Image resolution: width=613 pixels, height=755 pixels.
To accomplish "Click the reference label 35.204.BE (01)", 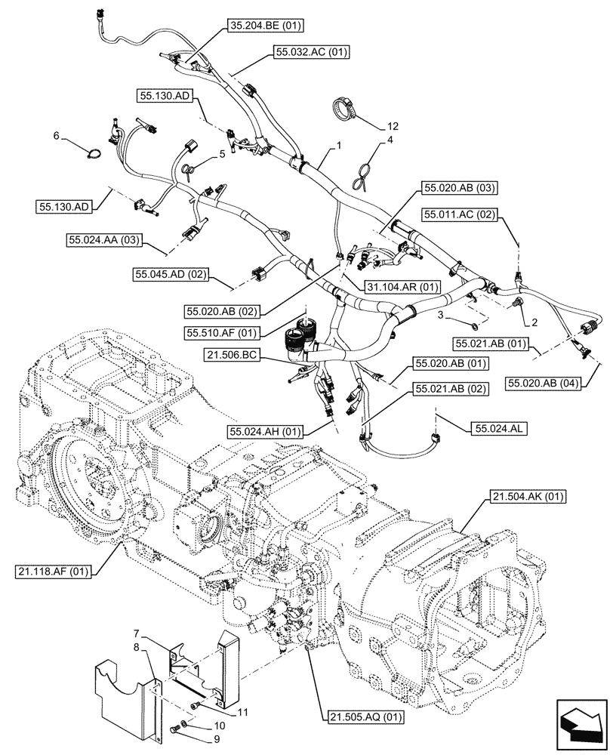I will coord(265,26).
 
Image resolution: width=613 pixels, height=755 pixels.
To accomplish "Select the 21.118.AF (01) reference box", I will coord(51,572).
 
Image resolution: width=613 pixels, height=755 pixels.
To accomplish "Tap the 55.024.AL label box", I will coord(501,427).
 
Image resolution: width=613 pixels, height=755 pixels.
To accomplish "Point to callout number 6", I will coord(56,136).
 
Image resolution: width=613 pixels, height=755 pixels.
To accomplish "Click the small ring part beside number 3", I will coord(472,326).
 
